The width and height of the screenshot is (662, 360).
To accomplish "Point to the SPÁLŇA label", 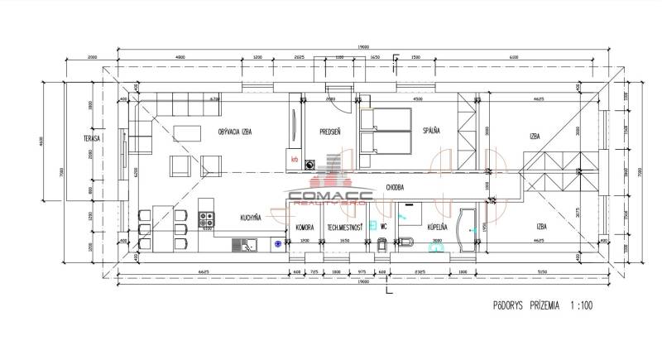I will coord(430,131).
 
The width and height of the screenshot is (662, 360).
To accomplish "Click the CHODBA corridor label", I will coord(394,187).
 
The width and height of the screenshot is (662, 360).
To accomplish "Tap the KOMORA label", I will coord(304,227).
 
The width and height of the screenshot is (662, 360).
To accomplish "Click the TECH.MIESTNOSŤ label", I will coord(344,227).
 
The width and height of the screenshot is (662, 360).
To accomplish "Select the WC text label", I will coord(383,226).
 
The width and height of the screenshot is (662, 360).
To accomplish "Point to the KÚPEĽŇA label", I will coord(436,226).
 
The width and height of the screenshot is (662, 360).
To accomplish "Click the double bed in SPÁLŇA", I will coord(387,132).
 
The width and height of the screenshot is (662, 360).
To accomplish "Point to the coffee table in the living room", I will coord(189,132).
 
